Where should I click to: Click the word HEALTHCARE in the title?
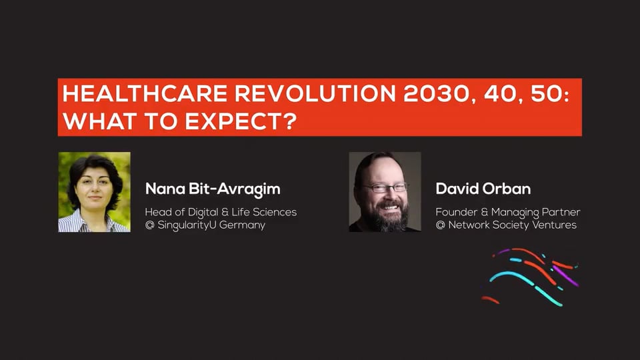(x=145, y=94)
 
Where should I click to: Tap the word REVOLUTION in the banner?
(x=315, y=94)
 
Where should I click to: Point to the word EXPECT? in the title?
(x=241, y=121)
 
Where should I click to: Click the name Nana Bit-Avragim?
(x=213, y=189)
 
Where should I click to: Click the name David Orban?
(x=483, y=189)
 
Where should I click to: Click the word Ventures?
(x=554, y=225)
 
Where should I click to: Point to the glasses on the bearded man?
(x=386, y=188)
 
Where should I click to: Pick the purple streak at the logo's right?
(x=565, y=275)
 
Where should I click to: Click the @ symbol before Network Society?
(x=440, y=225)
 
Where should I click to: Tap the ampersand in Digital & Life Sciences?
(x=224, y=212)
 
